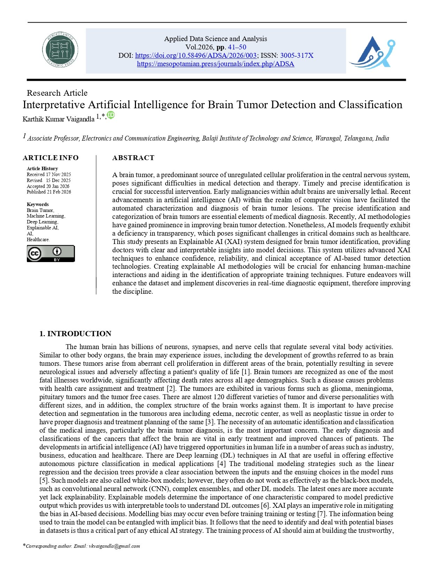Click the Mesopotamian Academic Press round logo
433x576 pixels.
pyautogui.click(x=60, y=50)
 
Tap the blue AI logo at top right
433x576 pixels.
pyautogui.click(x=372, y=52)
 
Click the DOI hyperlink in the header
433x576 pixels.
pyautogui.click(x=196, y=55)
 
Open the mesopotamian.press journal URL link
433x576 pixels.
pyautogui.click(x=215, y=64)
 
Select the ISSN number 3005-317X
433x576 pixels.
pyautogui.click(x=297, y=55)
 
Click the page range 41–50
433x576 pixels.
pyautogui.click(x=237, y=47)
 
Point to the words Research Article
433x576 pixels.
pyautogui.click(x=57, y=93)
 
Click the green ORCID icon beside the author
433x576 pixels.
pyautogui.click(x=111, y=115)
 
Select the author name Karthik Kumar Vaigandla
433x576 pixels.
pyautogui.click(x=58, y=119)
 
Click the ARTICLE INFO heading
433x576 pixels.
pyautogui.click(x=51, y=158)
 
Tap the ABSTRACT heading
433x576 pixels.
pyautogui.click(x=133, y=158)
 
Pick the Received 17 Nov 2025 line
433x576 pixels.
pyautogui.click(x=49, y=174)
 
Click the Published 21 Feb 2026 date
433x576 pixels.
pyautogui.click(x=49, y=192)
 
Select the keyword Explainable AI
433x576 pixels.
pyautogui.click(x=43, y=228)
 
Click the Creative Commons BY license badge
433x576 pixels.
pyautogui.click(x=51, y=253)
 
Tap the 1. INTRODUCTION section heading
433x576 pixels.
pyautogui.click(x=75, y=333)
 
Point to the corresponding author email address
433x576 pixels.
pyautogui.click(x=114, y=546)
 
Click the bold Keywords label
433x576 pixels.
pyautogui.click(x=38, y=204)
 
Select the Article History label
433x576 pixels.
pyautogui.click(x=42, y=168)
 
